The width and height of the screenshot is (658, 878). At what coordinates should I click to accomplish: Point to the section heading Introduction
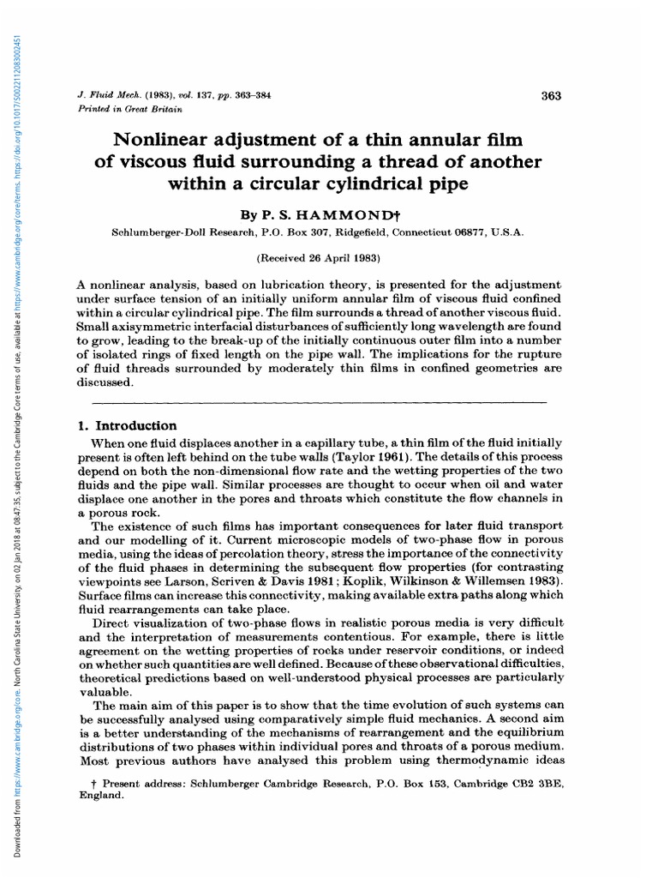141,426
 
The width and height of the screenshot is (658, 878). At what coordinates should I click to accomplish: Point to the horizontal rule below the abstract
318,401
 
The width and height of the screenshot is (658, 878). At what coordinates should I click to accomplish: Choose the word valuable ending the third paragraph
105,693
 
